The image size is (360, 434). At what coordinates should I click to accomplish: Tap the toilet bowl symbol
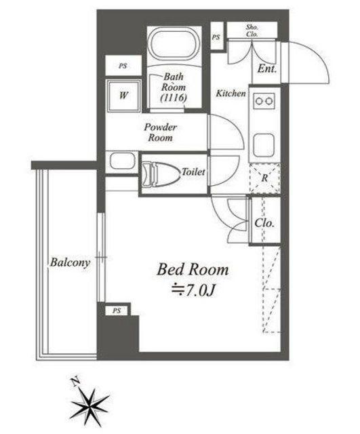coord(160,174)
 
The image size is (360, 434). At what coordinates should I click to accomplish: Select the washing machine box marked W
coord(123,96)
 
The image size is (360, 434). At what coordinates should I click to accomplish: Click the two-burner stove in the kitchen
coord(264,101)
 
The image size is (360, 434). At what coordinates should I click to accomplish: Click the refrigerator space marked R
coord(264,178)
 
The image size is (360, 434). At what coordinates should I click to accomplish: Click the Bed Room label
coord(193,269)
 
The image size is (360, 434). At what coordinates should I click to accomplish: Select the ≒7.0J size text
coord(193,290)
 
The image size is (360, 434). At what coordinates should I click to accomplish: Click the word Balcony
coord(70,262)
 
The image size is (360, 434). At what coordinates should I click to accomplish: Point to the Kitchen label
coord(231,94)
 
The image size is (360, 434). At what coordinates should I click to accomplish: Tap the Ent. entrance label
coord(266,68)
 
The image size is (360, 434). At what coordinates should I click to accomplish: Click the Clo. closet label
coord(264,223)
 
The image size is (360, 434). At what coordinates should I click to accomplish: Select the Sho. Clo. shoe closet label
coord(252,31)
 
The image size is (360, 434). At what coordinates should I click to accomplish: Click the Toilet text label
coord(193,172)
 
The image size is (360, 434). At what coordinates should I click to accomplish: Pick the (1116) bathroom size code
coord(174,98)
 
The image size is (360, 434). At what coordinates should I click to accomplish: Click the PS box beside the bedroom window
coord(117,311)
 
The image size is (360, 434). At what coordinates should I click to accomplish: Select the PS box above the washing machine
coord(123,66)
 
